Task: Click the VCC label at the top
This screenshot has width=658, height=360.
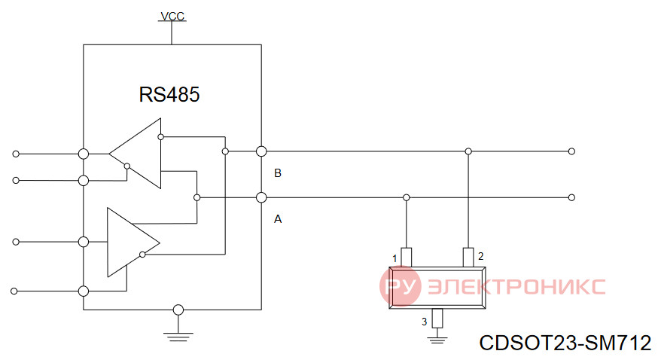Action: [x=172, y=16]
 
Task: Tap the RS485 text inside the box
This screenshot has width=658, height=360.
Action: [x=169, y=94]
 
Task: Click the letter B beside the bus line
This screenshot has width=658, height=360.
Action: [x=277, y=173]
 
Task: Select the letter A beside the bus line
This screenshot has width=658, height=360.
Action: [x=278, y=219]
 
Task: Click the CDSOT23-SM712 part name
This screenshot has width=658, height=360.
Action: [x=565, y=343]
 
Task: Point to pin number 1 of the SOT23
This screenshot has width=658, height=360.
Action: [x=394, y=258]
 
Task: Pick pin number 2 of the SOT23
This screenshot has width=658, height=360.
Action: [x=481, y=256]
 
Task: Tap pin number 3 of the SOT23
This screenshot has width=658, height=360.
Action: [x=425, y=322]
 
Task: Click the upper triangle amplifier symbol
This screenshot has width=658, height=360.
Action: [x=135, y=154]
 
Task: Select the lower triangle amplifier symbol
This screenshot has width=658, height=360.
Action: [x=133, y=243]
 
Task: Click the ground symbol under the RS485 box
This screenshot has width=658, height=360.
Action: [x=178, y=337]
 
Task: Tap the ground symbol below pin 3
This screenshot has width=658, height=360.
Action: [x=437, y=340]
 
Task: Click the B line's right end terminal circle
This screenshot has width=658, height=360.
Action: [x=571, y=151]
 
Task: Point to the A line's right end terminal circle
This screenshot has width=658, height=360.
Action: [x=571, y=197]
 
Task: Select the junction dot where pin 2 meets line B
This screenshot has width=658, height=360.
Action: [x=468, y=151]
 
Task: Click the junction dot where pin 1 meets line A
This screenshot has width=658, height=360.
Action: [x=407, y=197]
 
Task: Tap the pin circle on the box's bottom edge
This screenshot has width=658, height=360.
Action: [x=178, y=310]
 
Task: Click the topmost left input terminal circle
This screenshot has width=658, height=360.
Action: [x=16, y=154]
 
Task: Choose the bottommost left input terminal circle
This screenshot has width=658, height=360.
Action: [x=14, y=291]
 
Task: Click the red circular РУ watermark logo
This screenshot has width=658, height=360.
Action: [x=401, y=286]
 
